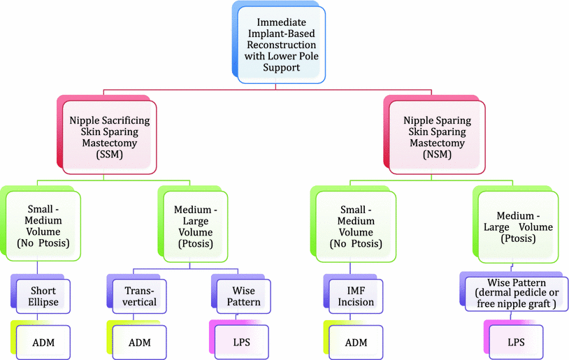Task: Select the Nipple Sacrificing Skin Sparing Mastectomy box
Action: [109, 136]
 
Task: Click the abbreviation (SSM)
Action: [109, 156]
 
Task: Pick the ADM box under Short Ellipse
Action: [44, 342]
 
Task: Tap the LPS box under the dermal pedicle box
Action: [515, 342]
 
